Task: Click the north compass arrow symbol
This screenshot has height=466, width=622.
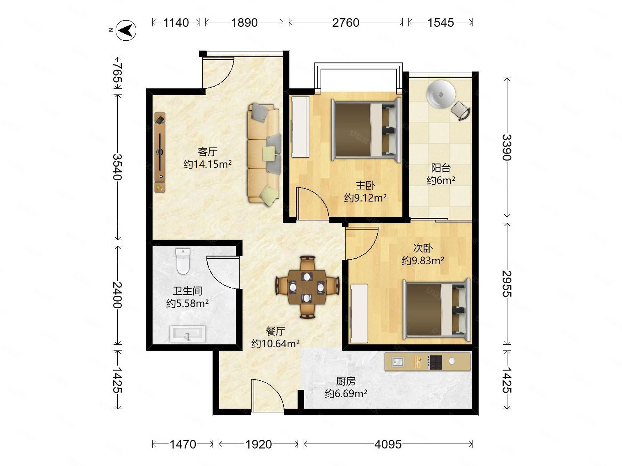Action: tap(126, 30)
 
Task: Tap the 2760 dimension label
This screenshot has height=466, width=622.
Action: tap(345, 23)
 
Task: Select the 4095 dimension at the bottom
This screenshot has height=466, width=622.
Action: tap(388, 444)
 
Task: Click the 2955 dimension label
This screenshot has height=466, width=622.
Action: tap(507, 284)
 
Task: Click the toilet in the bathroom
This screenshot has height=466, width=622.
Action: tap(183, 261)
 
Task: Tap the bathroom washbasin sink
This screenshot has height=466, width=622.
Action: tap(188, 334)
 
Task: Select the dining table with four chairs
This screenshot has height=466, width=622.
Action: tap(307, 287)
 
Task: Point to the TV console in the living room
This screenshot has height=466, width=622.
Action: tap(160, 152)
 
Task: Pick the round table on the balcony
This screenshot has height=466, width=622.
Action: tap(441, 94)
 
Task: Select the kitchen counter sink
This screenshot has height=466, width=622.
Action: tap(398, 362)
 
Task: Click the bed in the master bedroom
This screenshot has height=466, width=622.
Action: tap(366, 130)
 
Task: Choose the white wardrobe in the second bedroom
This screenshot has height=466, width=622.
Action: tap(359, 313)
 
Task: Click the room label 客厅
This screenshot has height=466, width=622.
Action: tap(208, 152)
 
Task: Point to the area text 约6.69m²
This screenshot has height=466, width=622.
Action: tap(346, 394)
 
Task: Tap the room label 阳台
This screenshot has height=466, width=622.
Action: tap(441, 168)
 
